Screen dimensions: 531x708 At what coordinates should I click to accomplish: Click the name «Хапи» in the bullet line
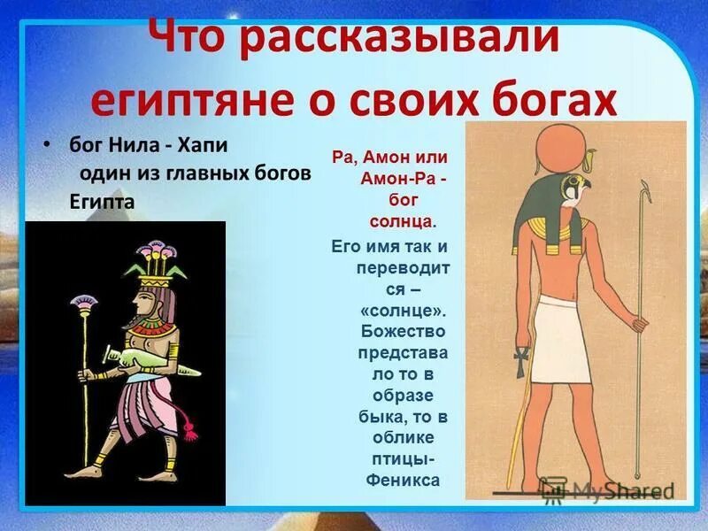pyautogui.click(x=204, y=143)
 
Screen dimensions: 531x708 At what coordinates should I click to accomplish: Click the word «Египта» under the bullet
pyautogui.click(x=102, y=202)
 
